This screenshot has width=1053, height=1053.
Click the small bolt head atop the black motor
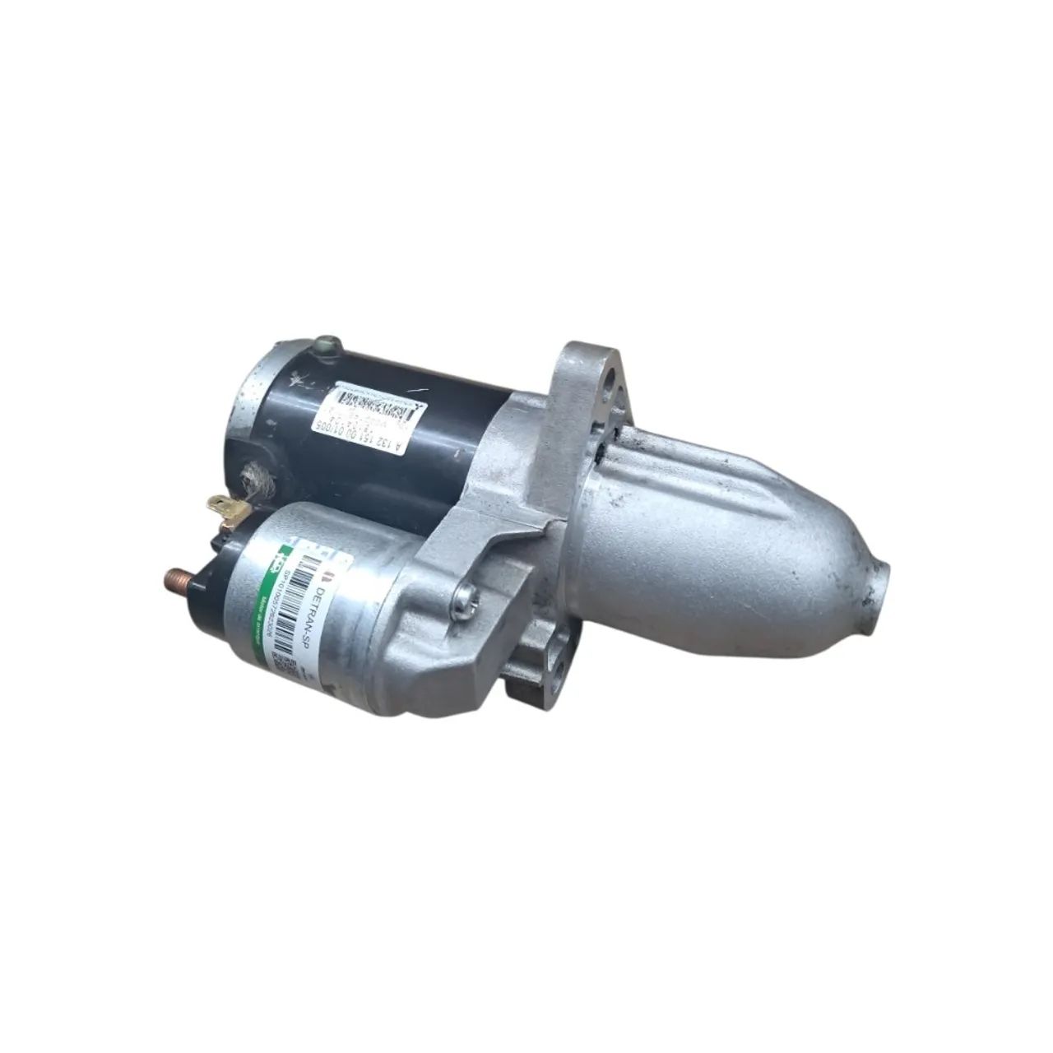331,342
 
